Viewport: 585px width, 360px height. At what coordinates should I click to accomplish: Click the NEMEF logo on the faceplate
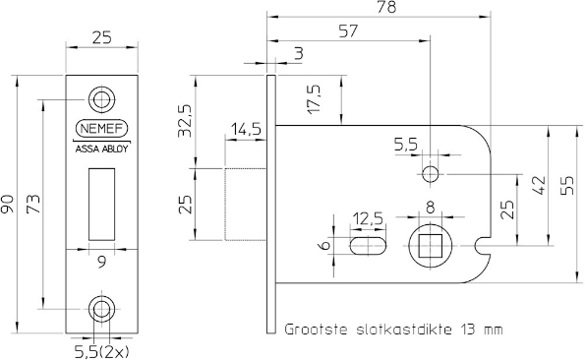point(102,130)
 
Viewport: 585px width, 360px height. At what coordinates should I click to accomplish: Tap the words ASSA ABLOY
point(102,150)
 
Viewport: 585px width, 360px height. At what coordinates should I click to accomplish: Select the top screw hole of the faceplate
point(102,98)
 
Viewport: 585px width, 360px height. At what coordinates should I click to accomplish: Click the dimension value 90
point(10,205)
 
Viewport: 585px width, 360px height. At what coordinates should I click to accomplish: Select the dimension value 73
point(32,205)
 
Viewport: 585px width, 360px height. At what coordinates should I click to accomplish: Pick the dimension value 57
point(348,32)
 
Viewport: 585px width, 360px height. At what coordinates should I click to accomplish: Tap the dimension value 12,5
point(368,216)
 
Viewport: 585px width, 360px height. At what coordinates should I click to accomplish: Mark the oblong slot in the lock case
point(368,245)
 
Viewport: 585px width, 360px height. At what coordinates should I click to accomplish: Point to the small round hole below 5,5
point(430,175)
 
